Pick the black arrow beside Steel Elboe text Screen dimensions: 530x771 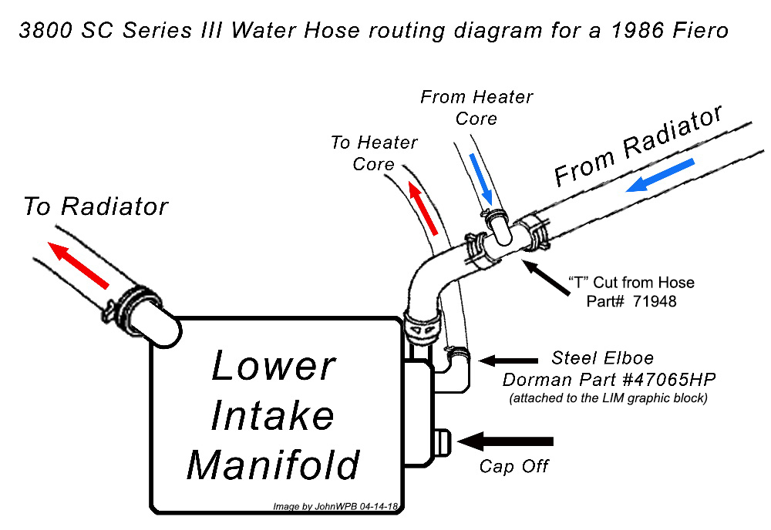[x=508, y=359]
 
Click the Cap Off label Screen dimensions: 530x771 [x=513, y=467]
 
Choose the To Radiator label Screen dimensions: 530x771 [x=95, y=206]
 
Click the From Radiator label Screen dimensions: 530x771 [x=638, y=146]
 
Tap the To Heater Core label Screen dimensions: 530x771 [x=374, y=153]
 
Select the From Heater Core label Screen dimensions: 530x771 [x=476, y=108]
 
